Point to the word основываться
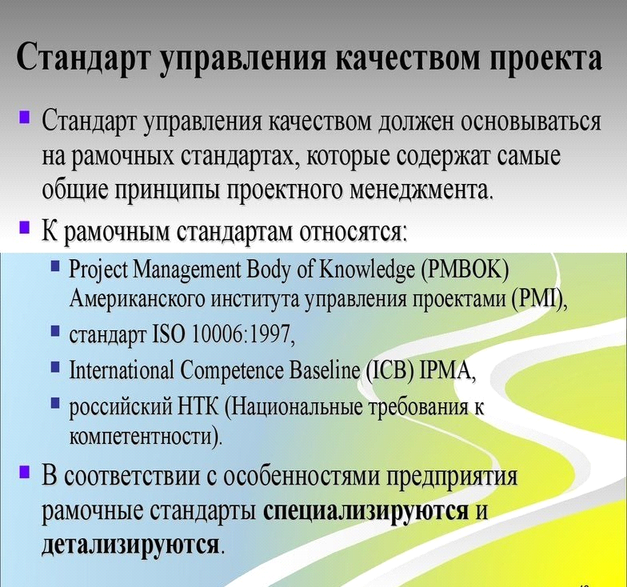pyautogui.click(x=531, y=120)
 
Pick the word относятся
pyautogui.click(x=353, y=232)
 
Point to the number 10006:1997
pyautogui.click(x=243, y=335)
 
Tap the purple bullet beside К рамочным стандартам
pyautogui.click(x=24, y=227)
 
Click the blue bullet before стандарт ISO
pyautogui.click(x=56, y=330)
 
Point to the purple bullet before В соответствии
pyautogui.click(x=24, y=472)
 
